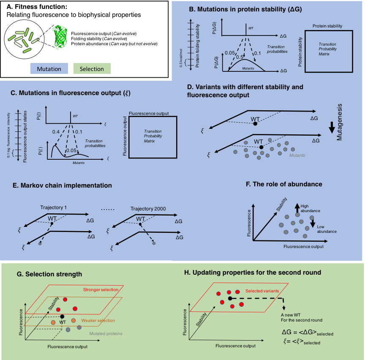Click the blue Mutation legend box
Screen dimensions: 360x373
(x=49, y=69)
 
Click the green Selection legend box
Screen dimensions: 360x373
(x=92, y=69)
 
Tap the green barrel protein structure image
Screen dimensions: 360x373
(x=62, y=36)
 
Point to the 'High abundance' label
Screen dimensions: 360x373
(x=310, y=208)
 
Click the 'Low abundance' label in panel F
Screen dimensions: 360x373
(x=327, y=229)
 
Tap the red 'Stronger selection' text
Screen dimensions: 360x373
(x=101, y=289)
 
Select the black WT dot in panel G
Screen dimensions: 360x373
(x=63, y=316)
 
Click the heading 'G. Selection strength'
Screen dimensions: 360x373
(x=49, y=274)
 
